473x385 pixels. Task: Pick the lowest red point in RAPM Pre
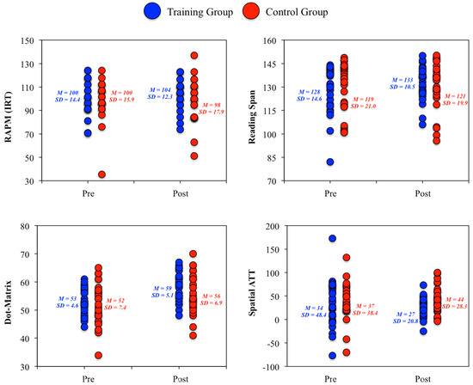[101, 174]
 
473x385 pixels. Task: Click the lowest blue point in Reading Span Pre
[331, 162]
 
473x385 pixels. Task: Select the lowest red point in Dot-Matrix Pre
[99, 355]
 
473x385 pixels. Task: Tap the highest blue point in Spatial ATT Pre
[332, 238]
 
